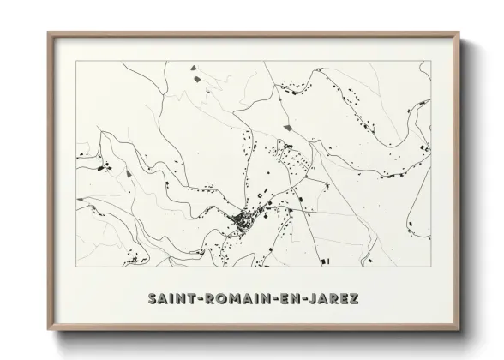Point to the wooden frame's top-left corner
[x=48, y=33]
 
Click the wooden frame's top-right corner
[x=461, y=33]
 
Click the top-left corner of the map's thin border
[x=76, y=61]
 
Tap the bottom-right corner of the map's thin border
[x=431, y=268]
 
